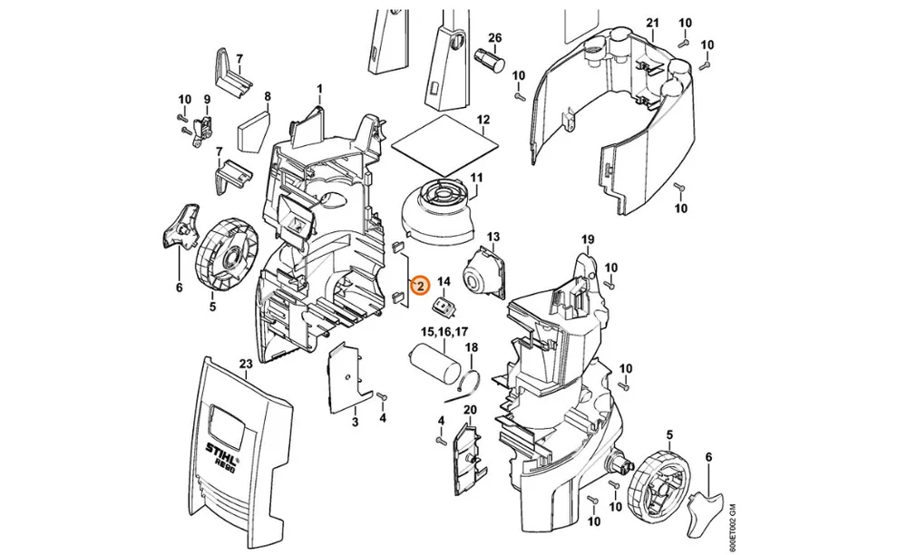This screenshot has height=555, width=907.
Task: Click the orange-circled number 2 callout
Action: (x=421, y=285)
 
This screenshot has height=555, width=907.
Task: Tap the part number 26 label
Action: (x=494, y=39)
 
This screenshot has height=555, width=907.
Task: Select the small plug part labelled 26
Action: (x=490, y=60)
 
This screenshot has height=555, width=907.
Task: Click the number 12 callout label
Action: (x=483, y=120)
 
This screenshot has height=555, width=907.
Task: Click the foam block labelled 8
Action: (x=253, y=132)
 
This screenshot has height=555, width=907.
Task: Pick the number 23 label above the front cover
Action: (x=246, y=364)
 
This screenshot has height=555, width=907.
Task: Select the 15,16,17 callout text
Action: (x=444, y=332)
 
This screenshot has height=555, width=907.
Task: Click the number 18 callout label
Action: (x=472, y=347)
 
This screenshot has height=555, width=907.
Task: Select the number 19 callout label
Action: (x=588, y=239)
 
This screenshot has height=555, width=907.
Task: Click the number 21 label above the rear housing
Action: (x=652, y=24)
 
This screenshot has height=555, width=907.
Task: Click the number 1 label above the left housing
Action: (x=319, y=89)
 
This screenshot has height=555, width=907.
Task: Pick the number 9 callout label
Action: (x=207, y=100)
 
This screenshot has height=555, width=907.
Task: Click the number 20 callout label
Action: (x=470, y=410)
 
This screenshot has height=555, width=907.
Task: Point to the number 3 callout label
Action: (x=355, y=422)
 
